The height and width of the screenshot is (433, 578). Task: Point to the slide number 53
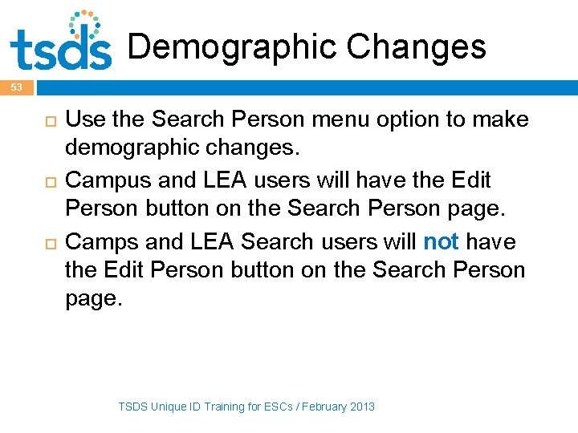pos(18,87)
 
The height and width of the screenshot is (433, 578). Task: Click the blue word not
pos(441,241)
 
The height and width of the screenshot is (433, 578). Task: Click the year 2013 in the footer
pos(361,407)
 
